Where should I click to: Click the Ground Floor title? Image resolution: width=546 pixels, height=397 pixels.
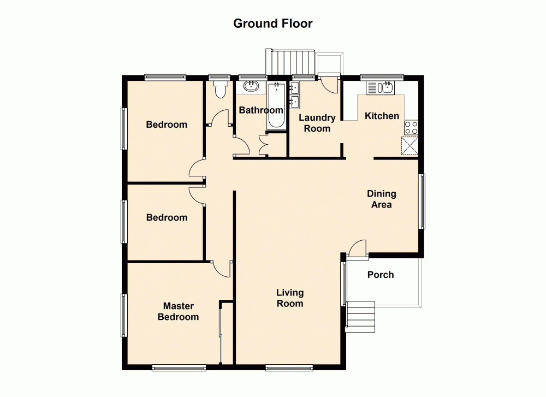[272, 23]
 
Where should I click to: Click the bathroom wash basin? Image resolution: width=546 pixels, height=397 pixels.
[251, 86]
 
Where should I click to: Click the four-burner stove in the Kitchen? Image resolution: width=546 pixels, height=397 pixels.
[411, 128]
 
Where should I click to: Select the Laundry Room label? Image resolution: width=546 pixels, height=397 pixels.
[317, 123]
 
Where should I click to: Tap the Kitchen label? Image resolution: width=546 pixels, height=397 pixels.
[382, 116]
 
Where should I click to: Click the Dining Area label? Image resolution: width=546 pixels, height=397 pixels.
[381, 199]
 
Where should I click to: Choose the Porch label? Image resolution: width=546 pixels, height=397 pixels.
[380, 275]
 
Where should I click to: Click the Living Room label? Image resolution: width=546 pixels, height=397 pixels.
[289, 298]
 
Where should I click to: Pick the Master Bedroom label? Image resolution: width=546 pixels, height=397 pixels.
[178, 312]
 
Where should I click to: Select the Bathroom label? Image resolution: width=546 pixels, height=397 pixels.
[261, 110]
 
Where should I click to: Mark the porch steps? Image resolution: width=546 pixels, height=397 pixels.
[361, 316]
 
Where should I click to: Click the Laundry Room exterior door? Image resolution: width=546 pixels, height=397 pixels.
[328, 84]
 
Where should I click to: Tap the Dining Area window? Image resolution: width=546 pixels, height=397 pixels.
[422, 201]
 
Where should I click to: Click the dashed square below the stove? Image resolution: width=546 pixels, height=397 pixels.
[410, 146]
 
